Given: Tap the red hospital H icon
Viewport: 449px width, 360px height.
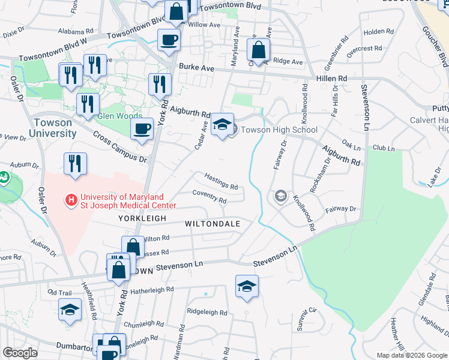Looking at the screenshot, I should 71,198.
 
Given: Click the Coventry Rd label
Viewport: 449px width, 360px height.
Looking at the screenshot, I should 209,196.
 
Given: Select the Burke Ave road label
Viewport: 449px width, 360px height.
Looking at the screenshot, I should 196,68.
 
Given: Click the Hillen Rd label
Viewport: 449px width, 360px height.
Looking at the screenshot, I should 331,79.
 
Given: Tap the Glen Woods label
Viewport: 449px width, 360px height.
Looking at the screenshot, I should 119,116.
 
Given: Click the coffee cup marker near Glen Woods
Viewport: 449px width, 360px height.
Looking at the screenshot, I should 142,128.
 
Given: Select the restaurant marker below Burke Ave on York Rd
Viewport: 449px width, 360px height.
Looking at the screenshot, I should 159,83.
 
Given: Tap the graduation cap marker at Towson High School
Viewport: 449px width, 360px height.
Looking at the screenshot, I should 222,125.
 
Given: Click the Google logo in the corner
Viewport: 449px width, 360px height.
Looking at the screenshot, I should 20,353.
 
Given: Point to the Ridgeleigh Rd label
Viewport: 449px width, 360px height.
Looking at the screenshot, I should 206,313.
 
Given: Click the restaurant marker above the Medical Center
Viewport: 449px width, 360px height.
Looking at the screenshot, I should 75,163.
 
